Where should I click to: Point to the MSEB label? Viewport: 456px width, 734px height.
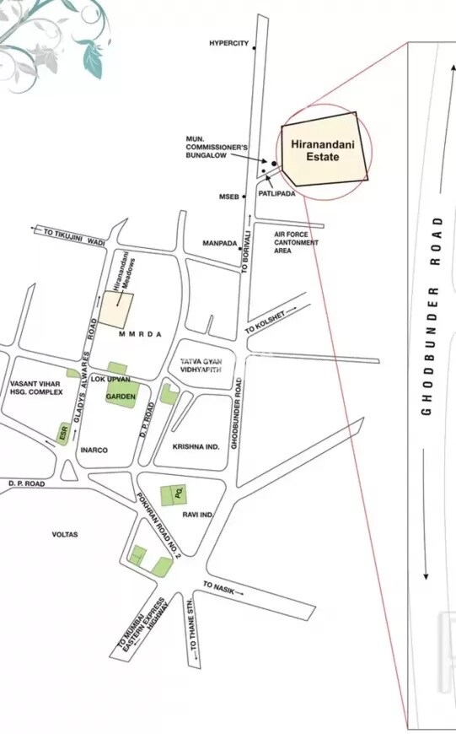(229, 197)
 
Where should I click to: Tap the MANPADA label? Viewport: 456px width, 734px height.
(219, 243)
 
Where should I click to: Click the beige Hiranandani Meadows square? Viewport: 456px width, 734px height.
(117, 310)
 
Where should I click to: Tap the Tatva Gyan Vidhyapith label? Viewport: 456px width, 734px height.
(200, 365)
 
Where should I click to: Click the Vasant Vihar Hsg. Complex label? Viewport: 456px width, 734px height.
(36, 387)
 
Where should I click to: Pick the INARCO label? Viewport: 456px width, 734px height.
(94, 451)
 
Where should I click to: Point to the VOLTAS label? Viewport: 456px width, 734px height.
(65, 534)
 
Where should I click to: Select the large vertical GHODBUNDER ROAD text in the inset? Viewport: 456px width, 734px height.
(428, 316)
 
